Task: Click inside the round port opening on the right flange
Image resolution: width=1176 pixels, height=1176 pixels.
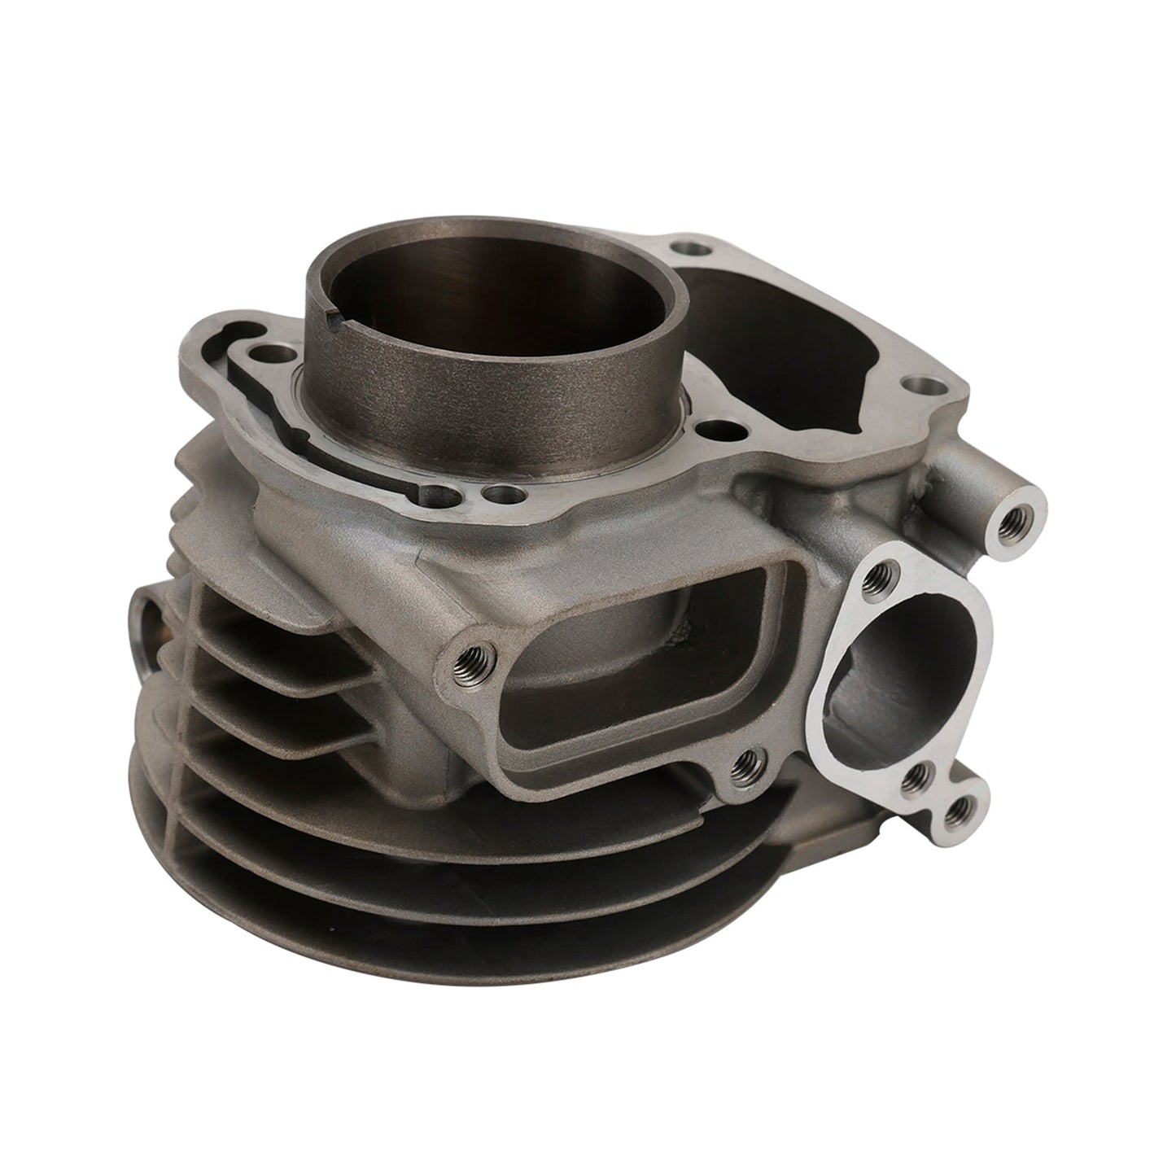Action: point(903,651)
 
